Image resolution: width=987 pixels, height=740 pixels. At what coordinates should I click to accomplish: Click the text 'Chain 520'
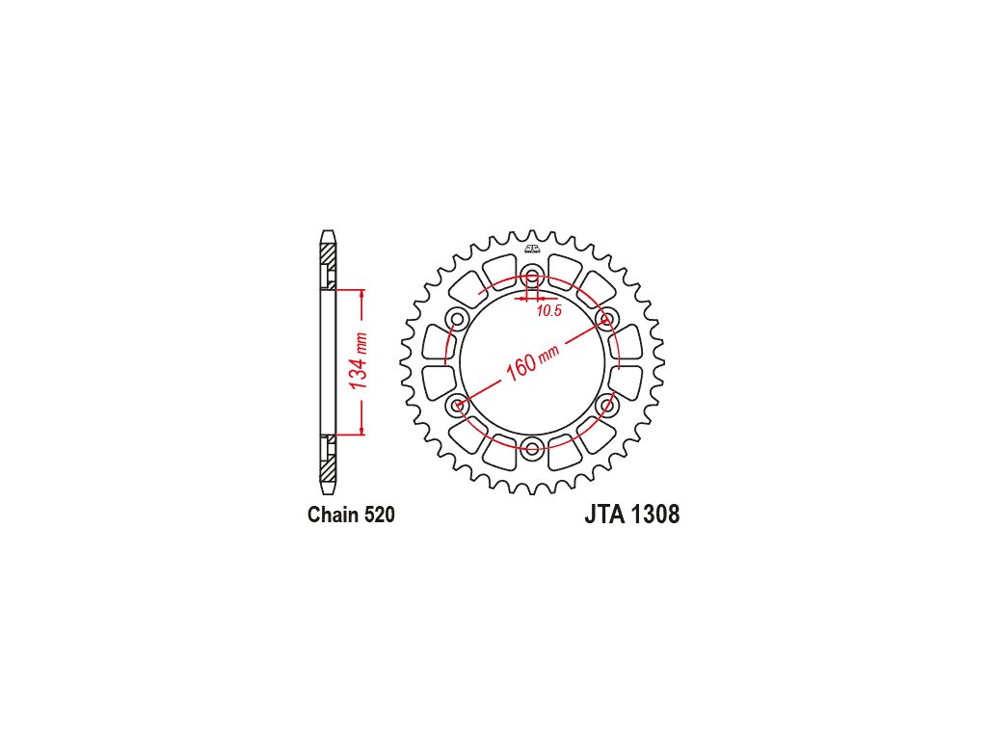(x=351, y=515)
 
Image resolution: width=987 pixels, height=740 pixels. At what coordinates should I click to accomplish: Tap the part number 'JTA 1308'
(x=632, y=515)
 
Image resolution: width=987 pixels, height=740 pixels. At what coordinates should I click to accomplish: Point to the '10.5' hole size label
(x=548, y=311)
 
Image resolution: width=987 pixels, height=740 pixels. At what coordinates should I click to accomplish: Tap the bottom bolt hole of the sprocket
(x=532, y=449)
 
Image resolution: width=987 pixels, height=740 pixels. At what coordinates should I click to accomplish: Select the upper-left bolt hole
(x=457, y=319)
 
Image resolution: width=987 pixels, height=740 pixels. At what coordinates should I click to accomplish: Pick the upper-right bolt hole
(x=607, y=319)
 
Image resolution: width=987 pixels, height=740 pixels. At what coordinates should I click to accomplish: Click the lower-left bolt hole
(x=457, y=406)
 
